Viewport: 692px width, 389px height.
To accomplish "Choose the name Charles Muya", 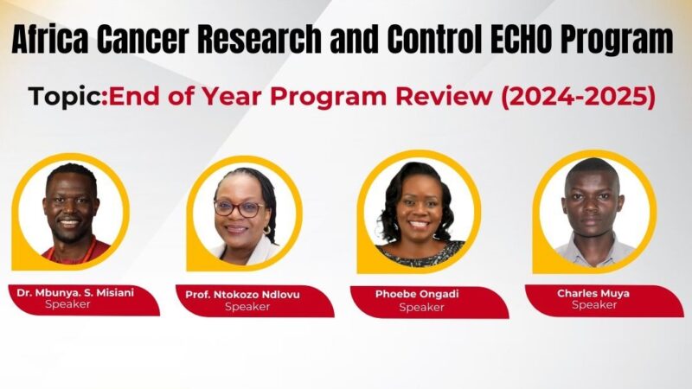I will [593, 294].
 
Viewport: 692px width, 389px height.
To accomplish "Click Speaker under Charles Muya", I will [593, 305].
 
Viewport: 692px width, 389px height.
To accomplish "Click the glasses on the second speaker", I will [238, 208].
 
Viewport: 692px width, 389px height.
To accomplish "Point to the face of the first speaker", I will [71, 207].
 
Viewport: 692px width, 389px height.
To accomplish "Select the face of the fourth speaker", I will [593, 203].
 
